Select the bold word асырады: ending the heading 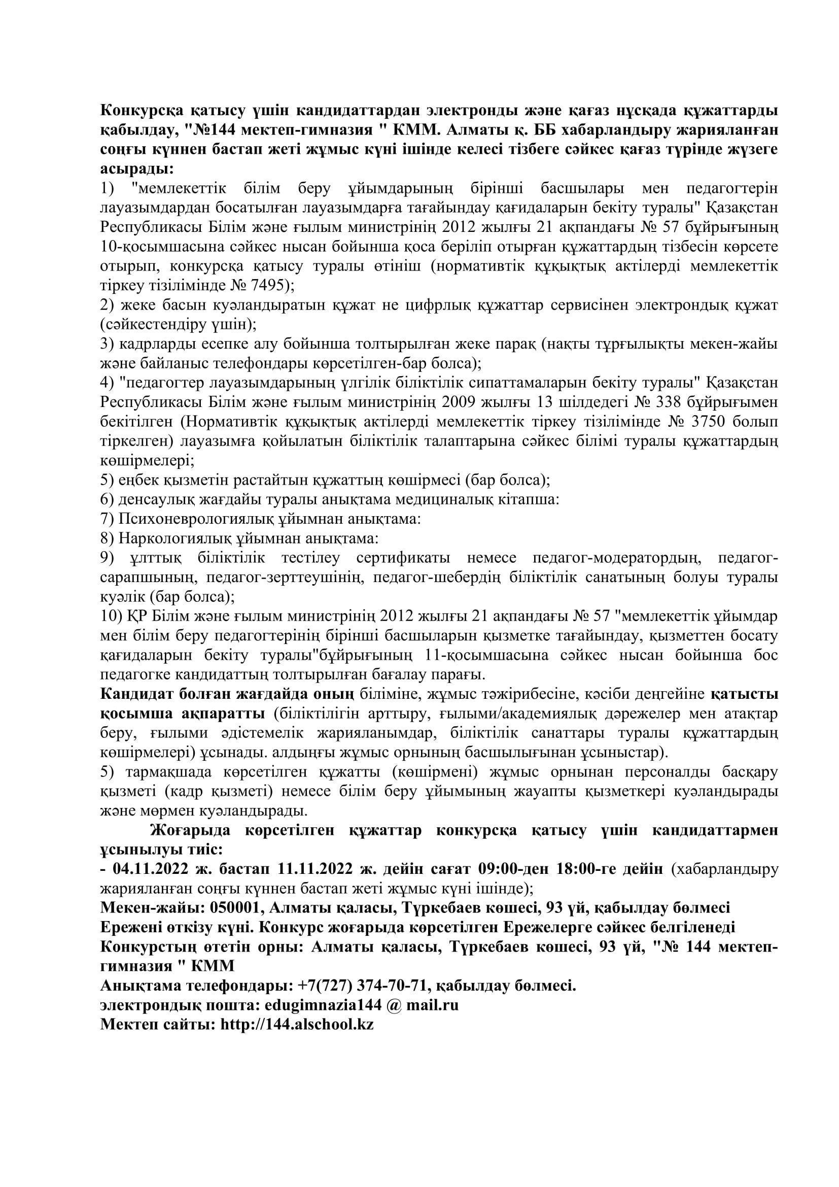pos(136,168)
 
